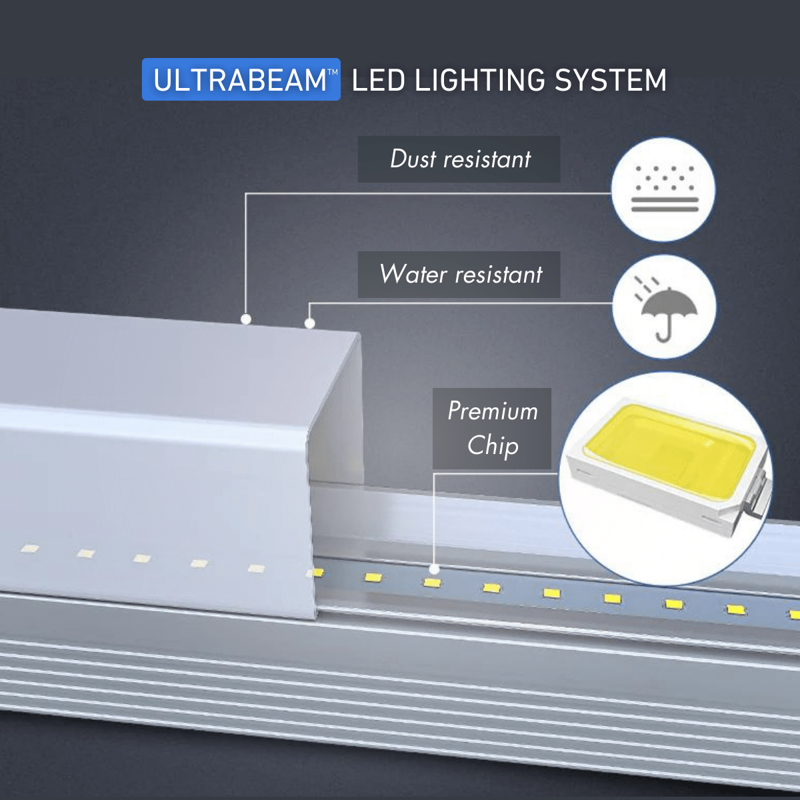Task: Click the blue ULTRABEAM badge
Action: (241, 80)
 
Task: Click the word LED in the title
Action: (378, 81)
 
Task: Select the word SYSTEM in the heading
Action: (611, 81)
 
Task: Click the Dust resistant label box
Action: (459, 159)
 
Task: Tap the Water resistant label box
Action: (459, 275)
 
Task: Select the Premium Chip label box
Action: (492, 428)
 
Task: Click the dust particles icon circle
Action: (663, 189)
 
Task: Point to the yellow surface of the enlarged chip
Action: (667, 447)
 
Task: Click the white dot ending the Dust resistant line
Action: (246, 319)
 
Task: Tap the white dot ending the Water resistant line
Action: (309, 324)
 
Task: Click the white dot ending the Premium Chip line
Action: (434, 569)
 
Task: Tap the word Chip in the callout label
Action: (493, 445)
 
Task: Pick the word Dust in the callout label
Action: (413, 159)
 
